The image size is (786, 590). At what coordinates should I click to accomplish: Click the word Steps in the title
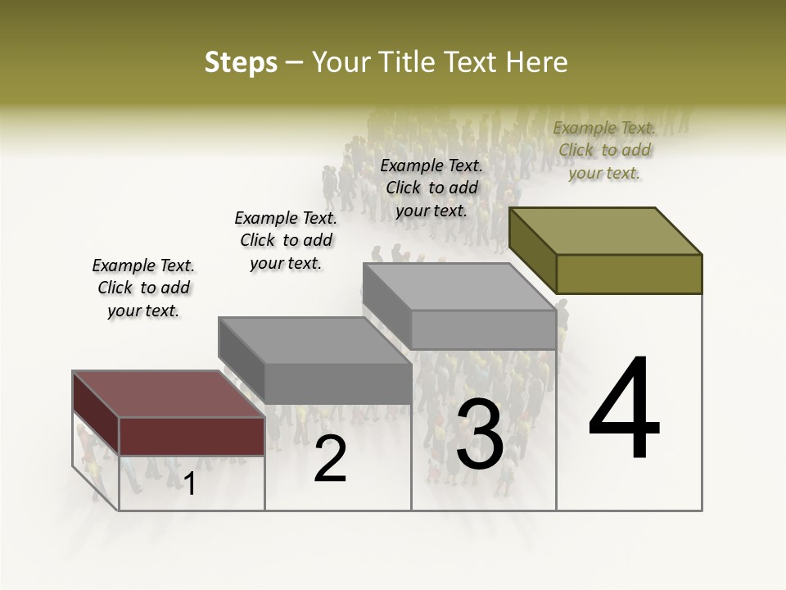[241, 62]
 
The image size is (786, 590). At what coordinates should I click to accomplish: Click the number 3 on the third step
[480, 434]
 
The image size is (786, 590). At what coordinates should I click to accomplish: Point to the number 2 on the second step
[330, 459]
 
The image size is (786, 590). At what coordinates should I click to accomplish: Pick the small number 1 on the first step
[190, 484]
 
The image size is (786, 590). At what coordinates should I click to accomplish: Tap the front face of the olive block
[629, 274]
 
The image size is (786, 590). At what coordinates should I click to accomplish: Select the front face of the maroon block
[192, 436]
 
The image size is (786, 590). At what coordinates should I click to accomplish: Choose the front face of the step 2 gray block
[338, 383]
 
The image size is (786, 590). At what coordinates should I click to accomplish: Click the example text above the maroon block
[143, 288]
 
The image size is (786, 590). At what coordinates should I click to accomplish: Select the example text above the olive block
[604, 150]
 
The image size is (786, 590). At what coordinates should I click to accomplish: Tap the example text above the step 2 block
[286, 240]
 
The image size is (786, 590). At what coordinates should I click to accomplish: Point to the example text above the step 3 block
[431, 188]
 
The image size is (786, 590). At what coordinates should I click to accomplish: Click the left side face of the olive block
[532, 252]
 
